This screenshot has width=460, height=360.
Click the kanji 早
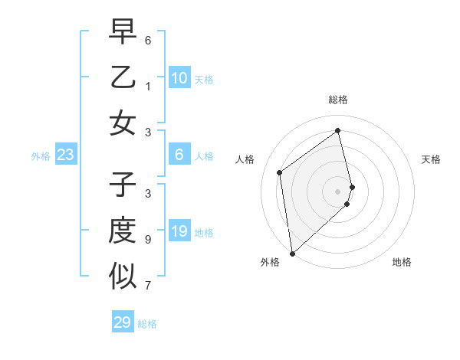click(x=123, y=31)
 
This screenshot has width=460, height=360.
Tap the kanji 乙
click(x=123, y=77)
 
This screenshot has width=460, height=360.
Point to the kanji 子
click(x=123, y=185)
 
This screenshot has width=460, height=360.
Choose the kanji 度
click(x=123, y=231)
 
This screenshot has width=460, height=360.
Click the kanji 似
click(x=123, y=276)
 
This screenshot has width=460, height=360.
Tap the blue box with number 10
click(x=179, y=77)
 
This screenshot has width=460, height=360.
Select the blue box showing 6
click(x=179, y=155)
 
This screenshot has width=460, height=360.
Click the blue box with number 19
click(x=179, y=231)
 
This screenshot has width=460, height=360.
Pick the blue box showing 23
click(x=66, y=155)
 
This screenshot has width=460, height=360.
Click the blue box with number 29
click(x=123, y=322)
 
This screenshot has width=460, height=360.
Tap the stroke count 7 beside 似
click(x=148, y=286)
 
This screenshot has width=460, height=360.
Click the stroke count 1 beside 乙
click(x=148, y=87)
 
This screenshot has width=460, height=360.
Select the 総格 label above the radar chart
click(x=338, y=100)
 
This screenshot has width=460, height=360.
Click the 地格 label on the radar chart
click(x=402, y=262)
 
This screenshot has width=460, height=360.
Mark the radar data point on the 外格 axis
click(x=292, y=253)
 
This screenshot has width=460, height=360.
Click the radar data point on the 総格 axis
click(x=338, y=130)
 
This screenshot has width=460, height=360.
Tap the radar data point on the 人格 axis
click(x=280, y=172)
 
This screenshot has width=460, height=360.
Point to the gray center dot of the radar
click(x=338, y=191)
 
